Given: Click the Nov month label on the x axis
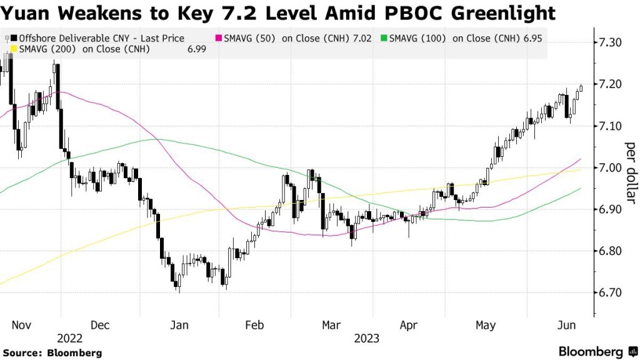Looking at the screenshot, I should pos(21,325).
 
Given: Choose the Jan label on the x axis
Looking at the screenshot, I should pos(179,325).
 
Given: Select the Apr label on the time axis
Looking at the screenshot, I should pos(407,325).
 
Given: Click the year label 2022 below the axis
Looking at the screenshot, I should pos(69,338).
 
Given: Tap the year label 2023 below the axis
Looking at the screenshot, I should pos(368,338).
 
